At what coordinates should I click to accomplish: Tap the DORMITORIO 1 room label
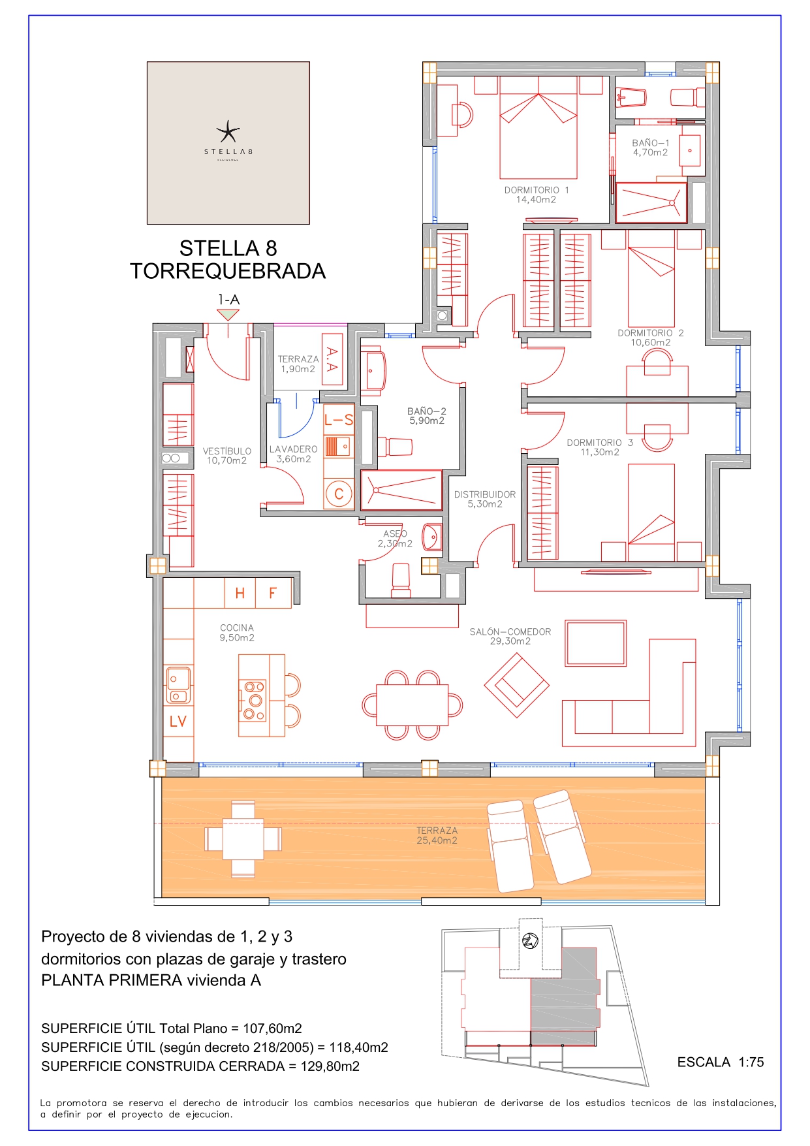[537, 190]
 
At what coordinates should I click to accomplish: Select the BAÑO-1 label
[650, 143]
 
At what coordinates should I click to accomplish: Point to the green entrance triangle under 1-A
[228, 315]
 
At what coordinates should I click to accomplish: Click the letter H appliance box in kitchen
[240, 593]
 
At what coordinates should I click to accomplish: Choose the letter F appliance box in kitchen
[273, 593]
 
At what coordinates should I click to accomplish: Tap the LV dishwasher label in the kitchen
[178, 721]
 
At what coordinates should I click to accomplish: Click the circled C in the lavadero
[339, 494]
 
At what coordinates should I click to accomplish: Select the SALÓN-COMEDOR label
[510, 631]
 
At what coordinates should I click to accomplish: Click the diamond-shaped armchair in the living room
[517, 685]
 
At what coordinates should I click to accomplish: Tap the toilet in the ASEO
[401, 580]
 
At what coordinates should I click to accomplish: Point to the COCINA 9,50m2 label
[237, 633]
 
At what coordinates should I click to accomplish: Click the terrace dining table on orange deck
[243, 839]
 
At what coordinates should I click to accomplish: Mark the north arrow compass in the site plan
[530, 942]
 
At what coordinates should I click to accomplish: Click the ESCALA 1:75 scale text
[721, 1062]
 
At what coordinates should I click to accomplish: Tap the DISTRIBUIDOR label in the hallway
[485, 494]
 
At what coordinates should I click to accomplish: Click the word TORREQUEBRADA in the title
[228, 271]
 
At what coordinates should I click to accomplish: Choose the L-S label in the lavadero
[339, 420]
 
